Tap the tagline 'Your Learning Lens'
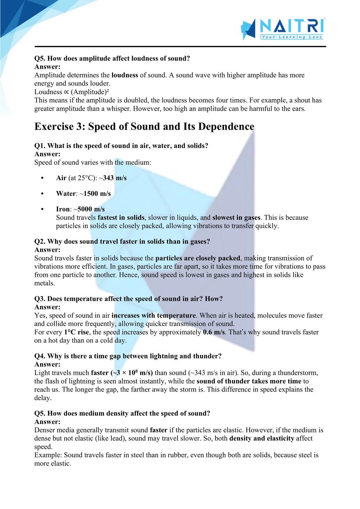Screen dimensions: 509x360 (x=291, y=37)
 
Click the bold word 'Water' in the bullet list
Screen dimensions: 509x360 (x=66, y=194)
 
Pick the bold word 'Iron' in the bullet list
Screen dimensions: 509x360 (x=63, y=209)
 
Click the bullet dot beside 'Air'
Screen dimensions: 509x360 (x=42, y=178)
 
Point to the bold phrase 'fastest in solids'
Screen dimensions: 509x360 (x=121, y=218)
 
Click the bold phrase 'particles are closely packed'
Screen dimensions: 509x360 (x=198, y=259)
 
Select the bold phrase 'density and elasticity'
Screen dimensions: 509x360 (x=262, y=438)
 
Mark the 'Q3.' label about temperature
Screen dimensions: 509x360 (x=40, y=299)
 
